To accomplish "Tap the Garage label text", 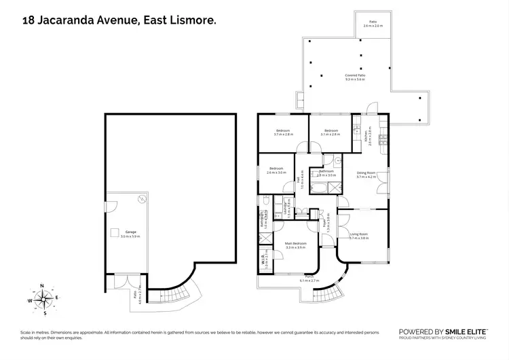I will coord(131,234).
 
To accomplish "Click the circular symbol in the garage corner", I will coord(142,199).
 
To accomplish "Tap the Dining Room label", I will coord(366,175).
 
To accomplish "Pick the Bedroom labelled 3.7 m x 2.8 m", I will coord(282,132).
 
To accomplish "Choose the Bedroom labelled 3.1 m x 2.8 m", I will coord(331,132).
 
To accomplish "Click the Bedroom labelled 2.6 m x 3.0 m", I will coord(277,170).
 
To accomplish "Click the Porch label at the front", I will coord(309,278).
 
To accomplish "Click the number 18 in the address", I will coord(28,22).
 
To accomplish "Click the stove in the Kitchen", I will coord(383,139).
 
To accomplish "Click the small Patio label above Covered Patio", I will coord(372,24).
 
